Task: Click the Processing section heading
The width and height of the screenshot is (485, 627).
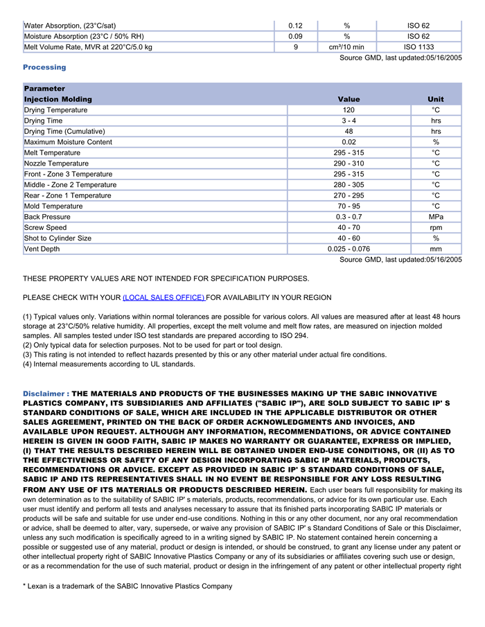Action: tap(44, 67)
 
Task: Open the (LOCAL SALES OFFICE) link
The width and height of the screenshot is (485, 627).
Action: tap(164, 297)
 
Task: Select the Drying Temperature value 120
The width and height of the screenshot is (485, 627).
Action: tap(349, 110)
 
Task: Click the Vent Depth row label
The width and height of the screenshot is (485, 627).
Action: tap(42, 249)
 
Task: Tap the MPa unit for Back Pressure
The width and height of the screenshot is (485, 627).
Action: tap(436, 217)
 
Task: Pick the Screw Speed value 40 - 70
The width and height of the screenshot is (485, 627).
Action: tap(349, 227)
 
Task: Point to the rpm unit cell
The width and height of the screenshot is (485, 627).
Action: tap(436, 227)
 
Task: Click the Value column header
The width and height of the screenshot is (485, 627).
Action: tap(349, 99)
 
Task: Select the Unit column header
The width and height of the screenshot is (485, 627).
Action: tap(436, 99)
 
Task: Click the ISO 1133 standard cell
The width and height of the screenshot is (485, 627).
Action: tap(418, 47)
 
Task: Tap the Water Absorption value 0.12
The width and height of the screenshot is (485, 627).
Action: tap(295, 26)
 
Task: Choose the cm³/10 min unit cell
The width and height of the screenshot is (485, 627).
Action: tap(346, 47)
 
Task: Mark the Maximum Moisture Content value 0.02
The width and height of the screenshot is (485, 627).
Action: tap(349, 142)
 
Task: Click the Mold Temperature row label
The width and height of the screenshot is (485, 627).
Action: tap(53, 206)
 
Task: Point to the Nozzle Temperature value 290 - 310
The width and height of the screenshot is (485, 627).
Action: tap(349, 164)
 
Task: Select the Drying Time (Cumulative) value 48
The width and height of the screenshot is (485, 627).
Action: tap(349, 132)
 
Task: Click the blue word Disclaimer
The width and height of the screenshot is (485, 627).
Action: tap(45, 394)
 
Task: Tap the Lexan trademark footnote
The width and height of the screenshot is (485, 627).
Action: tap(127, 586)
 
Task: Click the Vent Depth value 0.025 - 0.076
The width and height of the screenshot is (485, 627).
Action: tap(349, 249)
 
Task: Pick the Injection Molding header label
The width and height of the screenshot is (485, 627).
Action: tap(58, 99)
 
